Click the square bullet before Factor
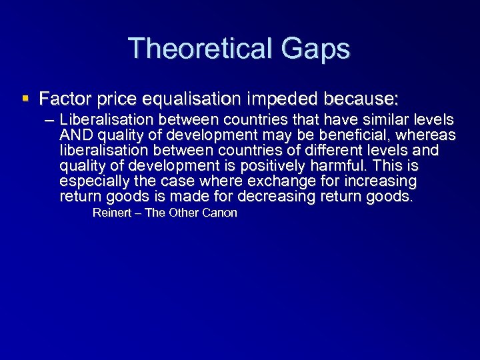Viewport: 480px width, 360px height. click(x=25, y=99)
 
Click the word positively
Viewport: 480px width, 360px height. click(x=281, y=166)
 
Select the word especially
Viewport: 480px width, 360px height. click(x=93, y=181)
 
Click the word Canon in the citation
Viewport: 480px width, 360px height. click(x=220, y=213)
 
